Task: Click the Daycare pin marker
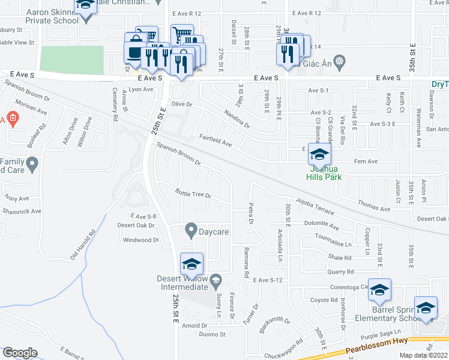coord(191,230)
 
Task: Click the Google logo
coord(20,353)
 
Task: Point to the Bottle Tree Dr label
coord(193,194)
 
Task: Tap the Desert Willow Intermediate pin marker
coord(215,279)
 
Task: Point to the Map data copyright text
coord(423,355)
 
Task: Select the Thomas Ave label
coord(374,206)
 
